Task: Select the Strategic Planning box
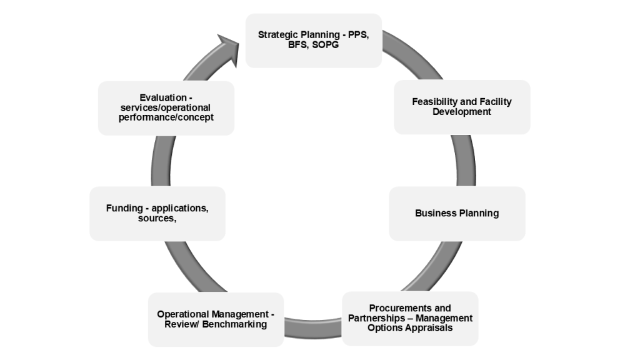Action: point(313,41)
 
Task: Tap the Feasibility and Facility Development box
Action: point(462,107)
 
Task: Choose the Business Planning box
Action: point(457,213)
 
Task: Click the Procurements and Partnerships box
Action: point(410,318)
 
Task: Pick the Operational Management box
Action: point(216,319)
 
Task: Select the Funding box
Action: point(157,213)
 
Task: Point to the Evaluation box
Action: point(166,107)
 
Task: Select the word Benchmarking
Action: point(235,324)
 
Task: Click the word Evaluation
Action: point(163,97)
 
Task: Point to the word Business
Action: point(434,213)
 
